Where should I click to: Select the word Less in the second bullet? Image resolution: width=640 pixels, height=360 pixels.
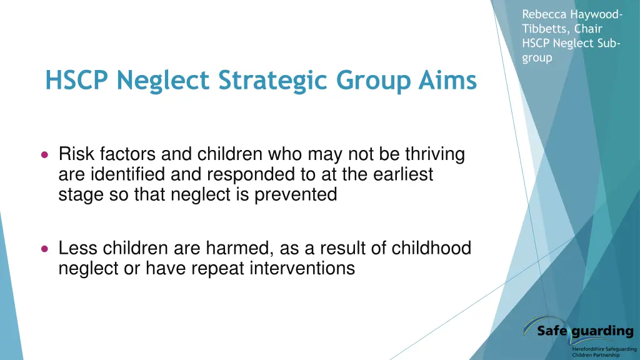tap(78, 249)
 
